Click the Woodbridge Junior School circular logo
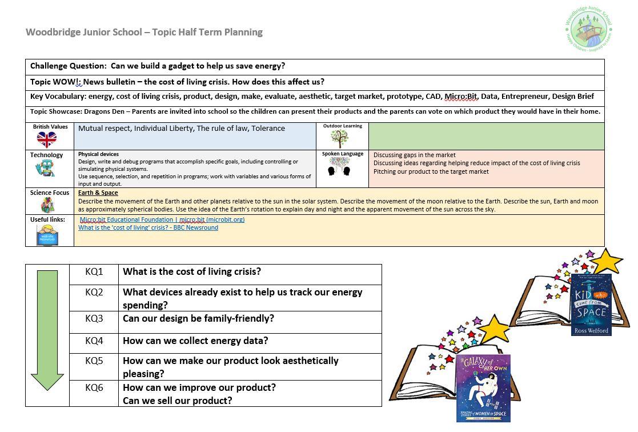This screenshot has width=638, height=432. pyautogui.click(x=589, y=30)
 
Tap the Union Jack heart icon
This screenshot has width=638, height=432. pyautogui.click(x=47, y=139)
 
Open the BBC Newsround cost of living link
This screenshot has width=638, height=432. pyautogui.click(x=148, y=227)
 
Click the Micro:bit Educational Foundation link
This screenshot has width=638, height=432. pyautogui.click(x=162, y=219)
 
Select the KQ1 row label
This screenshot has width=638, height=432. pyautogui.click(x=94, y=272)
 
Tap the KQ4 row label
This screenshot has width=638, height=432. pyautogui.click(x=94, y=341)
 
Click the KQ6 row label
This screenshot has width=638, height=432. pyautogui.click(x=94, y=387)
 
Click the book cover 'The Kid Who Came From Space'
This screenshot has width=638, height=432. pyautogui.click(x=591, y=305)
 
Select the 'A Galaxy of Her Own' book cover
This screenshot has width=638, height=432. pyautogui.click(x=483, y=389)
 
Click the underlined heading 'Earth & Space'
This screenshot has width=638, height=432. pyautogui.click(x=98, y=193)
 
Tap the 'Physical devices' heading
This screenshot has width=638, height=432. pyautogui.click(x=99, y=154)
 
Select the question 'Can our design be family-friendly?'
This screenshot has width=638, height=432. pyautogui.click(x=198, y=318)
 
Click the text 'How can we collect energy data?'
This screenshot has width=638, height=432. pyautogui.click(x=195, y=341)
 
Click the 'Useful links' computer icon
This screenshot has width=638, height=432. pyautogui.click(x=47, y=235)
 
